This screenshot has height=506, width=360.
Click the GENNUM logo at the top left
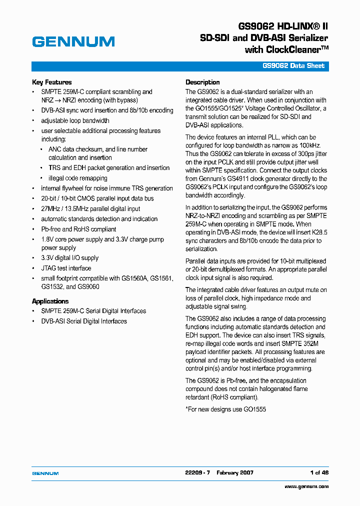(x=73, y=42)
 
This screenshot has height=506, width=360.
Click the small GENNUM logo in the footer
(x=45, y=473)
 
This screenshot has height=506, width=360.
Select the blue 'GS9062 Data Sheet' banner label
(x=293, y=66)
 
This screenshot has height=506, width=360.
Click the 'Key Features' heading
(x=52, y=82)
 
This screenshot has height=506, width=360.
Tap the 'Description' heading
(x=202, y=82)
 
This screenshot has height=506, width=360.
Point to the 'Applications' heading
(x=50, y=301)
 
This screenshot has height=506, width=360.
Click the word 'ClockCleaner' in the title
(x=294, y=50)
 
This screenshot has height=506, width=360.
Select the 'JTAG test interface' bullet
(x=66, y=268)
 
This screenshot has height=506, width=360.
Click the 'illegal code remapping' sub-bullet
(x=77, y=178)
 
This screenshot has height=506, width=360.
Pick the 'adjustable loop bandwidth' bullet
(x=75, y=120)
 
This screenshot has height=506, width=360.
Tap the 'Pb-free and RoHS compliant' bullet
(x=78, y=229)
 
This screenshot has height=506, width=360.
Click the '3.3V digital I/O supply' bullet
(x=70, y=258)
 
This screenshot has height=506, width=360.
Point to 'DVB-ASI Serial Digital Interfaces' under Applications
(x=84, y=321)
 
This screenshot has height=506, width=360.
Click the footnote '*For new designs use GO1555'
(x=225, y=409)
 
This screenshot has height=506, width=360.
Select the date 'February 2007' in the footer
(x=235, y=472)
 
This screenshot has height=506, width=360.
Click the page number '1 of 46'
(x=319, y=472)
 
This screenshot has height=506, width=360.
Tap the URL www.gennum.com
(x=306, y=486)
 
